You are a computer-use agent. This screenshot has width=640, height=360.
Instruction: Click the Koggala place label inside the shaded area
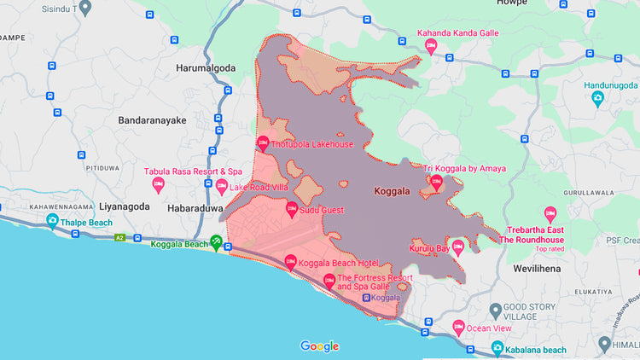(393, 191)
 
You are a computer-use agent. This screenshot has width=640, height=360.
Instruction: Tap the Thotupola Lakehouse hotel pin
(262, 143)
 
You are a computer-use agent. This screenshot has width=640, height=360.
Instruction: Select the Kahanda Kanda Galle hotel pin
(431, 45)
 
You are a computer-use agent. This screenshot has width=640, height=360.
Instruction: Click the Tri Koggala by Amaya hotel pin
(436, 182)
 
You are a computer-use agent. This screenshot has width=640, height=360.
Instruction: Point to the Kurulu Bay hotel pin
(457, 248)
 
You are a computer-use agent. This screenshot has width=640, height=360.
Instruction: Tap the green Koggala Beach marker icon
(217, 244)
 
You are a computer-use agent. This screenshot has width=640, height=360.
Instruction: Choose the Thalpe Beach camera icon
(54, 223)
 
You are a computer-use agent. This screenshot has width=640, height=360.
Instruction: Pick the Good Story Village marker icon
(495, 308)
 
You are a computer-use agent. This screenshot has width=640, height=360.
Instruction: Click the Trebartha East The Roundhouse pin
(550, 213)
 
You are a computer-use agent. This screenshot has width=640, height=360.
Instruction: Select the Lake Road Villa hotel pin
(221, 187)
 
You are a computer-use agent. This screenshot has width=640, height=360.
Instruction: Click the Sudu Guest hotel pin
(289, 209)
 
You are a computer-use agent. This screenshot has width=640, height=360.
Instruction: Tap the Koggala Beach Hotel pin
(290, 261)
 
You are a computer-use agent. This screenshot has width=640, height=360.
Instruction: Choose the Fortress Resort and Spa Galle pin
(329, 281)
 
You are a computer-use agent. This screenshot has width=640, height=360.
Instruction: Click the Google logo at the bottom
(319, 345)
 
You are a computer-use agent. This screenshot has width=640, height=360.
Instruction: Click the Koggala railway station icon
(366, 298)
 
